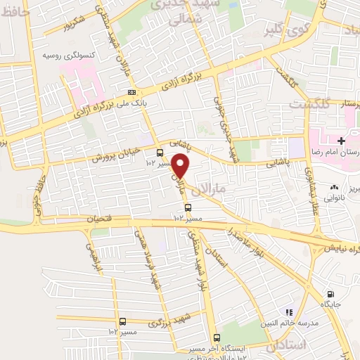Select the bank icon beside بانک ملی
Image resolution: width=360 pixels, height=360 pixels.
[x=131, y=93]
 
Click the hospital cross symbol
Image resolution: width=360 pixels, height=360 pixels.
[x=341, y=141]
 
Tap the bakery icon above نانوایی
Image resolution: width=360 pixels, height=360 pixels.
[x=334, y=188]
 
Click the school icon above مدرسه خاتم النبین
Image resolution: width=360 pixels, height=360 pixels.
[x=288, y=311]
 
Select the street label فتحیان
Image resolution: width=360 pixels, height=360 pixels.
[x=101, y=220]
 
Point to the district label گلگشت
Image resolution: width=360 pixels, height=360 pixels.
[x=308, y=103]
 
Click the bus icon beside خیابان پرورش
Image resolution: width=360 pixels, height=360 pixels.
[x=160, y=153]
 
